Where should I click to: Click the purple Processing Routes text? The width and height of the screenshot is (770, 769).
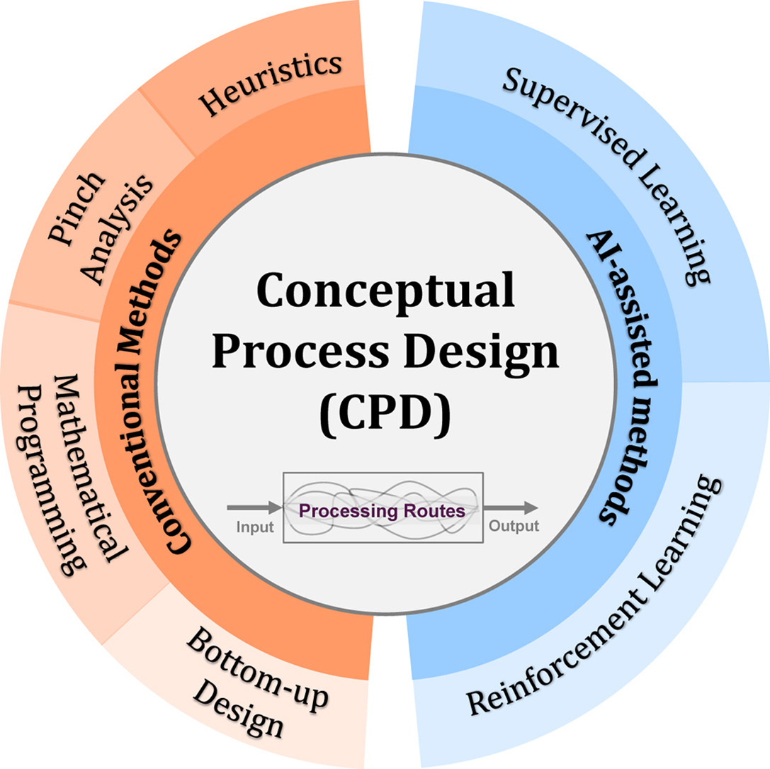(x=382, y=510)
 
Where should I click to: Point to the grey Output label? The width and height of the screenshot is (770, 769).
(x=513, y=526)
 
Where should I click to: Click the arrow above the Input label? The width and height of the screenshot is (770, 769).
(x=253, y=507)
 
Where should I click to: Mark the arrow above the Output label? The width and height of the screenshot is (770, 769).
(x=509, y=507)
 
